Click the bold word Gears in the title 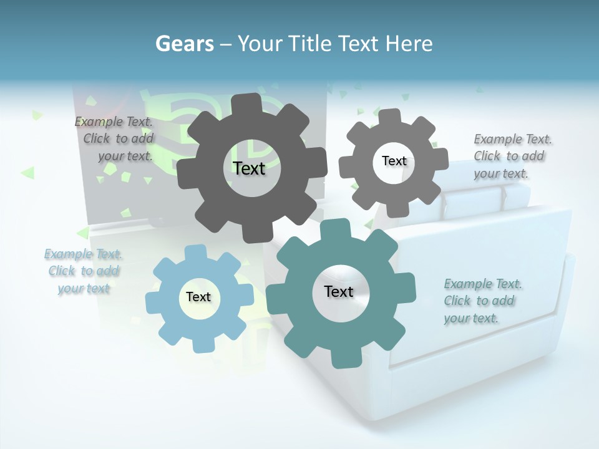point(184,44)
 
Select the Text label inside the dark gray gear point(249,168)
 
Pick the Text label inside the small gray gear point(394,161)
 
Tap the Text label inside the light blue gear point(198,297)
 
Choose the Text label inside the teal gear point(339,291)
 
